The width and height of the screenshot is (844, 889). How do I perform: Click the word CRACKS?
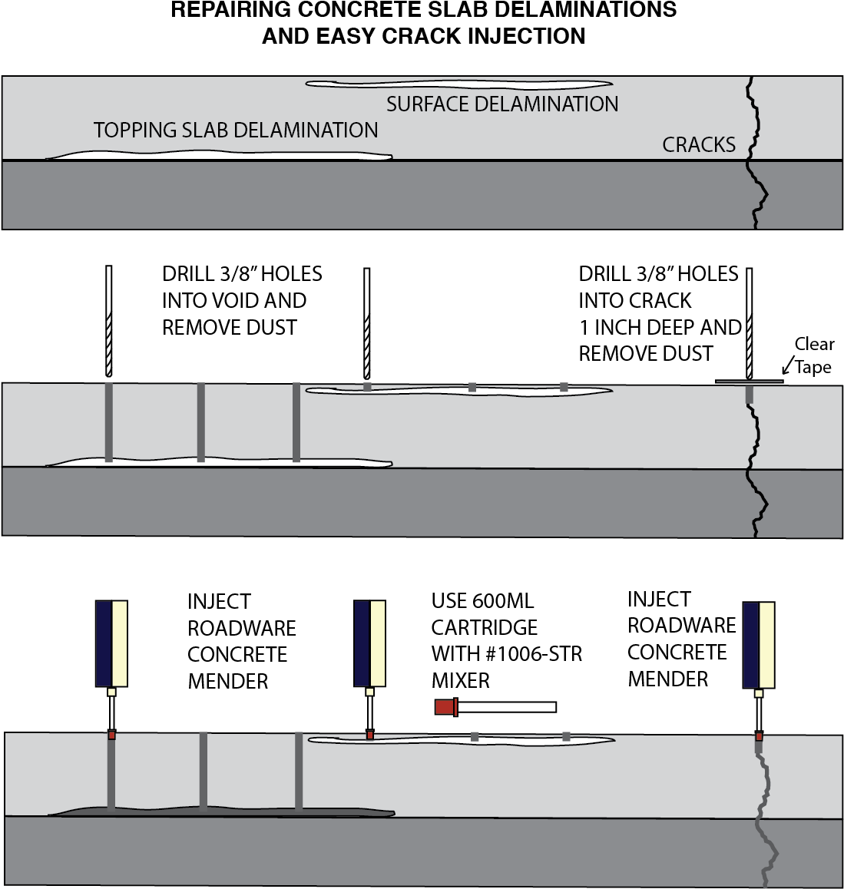click(x=699, y=144)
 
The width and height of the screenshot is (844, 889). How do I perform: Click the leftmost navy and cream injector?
click(x=111, y=643)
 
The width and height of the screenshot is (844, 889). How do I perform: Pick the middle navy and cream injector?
click(x=369, y=643)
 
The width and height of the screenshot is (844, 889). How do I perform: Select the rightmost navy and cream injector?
click(x=759, y=645)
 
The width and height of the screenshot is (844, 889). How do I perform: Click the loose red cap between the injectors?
click(x=445, y=707)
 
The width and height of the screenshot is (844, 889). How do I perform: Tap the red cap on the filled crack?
click(x=759, y=736)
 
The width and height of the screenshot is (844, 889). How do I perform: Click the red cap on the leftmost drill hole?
click(x=111, y=735)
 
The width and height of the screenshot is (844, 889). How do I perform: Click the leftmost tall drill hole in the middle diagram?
click(x=109, y=421)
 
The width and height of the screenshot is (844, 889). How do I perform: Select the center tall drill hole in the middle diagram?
click(x=201, y=421)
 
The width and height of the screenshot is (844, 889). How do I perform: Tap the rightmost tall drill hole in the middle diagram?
click(x=296, y=421)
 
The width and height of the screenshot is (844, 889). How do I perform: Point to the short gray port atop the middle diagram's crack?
click(x=750, y=394)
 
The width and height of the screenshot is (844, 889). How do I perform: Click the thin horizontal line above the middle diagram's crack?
click(x=749, y=382)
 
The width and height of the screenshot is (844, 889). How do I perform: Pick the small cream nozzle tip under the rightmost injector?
click(x=759, y=693)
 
